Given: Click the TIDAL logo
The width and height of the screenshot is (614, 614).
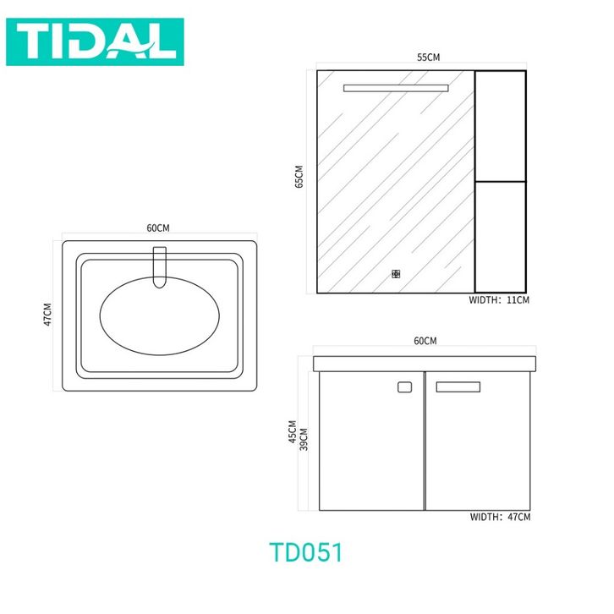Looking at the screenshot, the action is (95, 41).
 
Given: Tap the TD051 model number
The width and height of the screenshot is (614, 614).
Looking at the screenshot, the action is (306, 552).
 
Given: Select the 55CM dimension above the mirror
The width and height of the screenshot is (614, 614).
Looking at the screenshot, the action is (429, 58).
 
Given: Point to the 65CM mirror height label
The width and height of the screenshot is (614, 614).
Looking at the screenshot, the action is (299, 177).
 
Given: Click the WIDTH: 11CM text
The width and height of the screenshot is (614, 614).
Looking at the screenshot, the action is (499, 300).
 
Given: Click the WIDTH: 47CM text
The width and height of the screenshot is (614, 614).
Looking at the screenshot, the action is (500, 517).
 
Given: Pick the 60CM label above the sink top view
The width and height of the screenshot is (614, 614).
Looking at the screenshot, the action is (158, 228).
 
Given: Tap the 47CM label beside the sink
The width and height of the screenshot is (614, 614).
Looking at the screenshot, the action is (47, 314).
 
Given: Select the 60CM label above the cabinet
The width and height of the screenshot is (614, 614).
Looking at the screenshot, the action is (425, 341).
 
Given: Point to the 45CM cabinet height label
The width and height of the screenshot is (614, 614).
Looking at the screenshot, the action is (293, 432).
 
